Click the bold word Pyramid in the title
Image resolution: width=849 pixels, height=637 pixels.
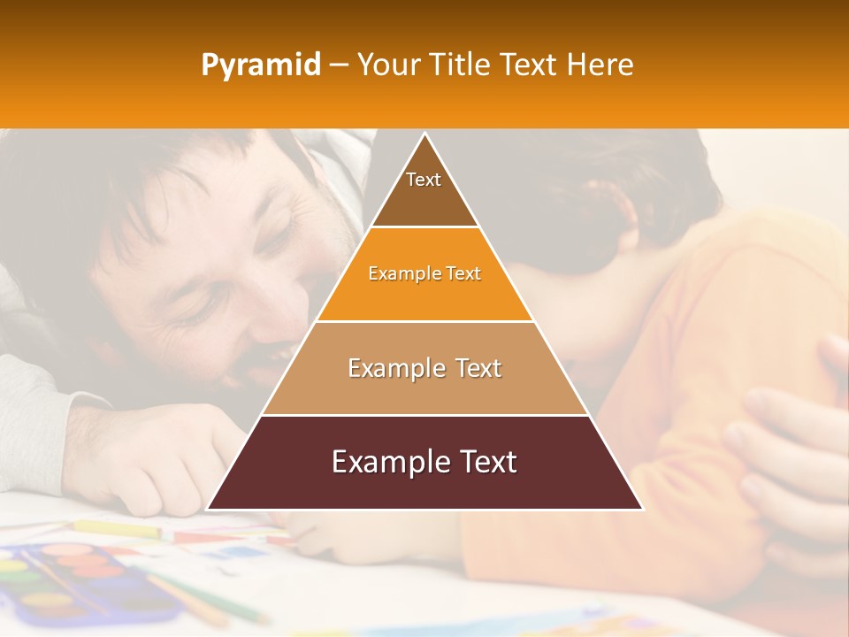tap(261, 65)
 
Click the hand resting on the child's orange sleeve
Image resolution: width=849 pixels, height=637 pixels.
tap(787, 442)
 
